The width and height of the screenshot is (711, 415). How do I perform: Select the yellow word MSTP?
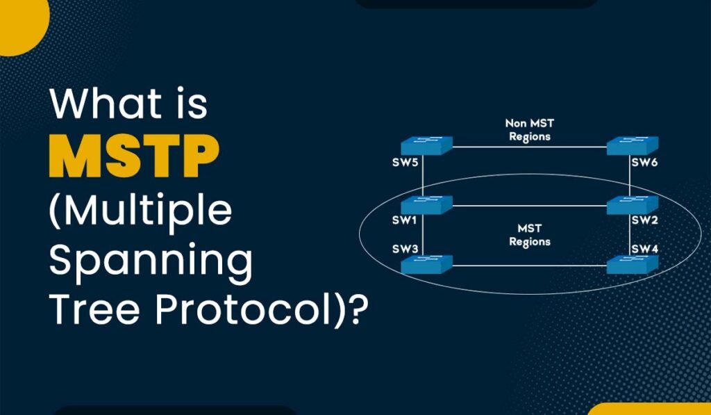pos(134,156)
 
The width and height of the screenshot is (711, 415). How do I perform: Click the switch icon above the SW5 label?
pos(427,146)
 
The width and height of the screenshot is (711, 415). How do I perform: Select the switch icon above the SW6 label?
pos(632,146)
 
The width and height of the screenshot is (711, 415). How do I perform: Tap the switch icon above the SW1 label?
pos(427,205)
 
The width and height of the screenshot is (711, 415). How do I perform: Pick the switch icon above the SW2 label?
pos(632,205)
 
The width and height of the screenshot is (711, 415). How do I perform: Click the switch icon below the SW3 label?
pos(427,264)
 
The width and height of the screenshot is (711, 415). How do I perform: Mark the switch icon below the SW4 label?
pos(632,264)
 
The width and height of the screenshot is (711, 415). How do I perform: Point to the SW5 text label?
pos(405,163)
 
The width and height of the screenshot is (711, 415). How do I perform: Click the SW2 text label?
pos(644,220)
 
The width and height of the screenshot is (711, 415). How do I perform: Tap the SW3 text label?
pos(405,249)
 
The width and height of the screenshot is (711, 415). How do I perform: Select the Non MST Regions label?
pos(530,129)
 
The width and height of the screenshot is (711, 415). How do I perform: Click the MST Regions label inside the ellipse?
pos(530,235)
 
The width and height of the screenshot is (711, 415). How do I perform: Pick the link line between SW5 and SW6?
pos(530,147)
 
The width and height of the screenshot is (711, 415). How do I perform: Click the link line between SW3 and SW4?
pos(530,266)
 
